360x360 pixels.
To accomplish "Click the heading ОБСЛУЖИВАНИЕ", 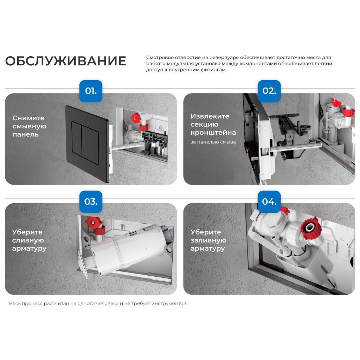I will pyautogui.click(x=65, y=61).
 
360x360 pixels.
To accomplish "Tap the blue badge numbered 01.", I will pyautogui.click(x=91, y=91).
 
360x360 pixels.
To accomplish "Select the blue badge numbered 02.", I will pyautogui.click(x=269, y=91).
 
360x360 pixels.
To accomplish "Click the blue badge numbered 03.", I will pyautogui.click(x=91, y=201).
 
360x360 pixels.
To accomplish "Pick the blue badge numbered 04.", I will pyautogui.click(x=269, y=201).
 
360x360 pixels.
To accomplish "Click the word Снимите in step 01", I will pyautogui.click(x=28, y=118).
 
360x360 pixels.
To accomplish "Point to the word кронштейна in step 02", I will pyautogui.click(x=213, y=133).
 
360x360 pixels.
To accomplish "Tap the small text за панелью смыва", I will pyautogui.click(x=213, y=142).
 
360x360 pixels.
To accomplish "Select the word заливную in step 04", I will pyautogui.click(x=208, y=240).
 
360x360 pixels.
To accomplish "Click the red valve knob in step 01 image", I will pyautogui.click(x=135, y=117).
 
